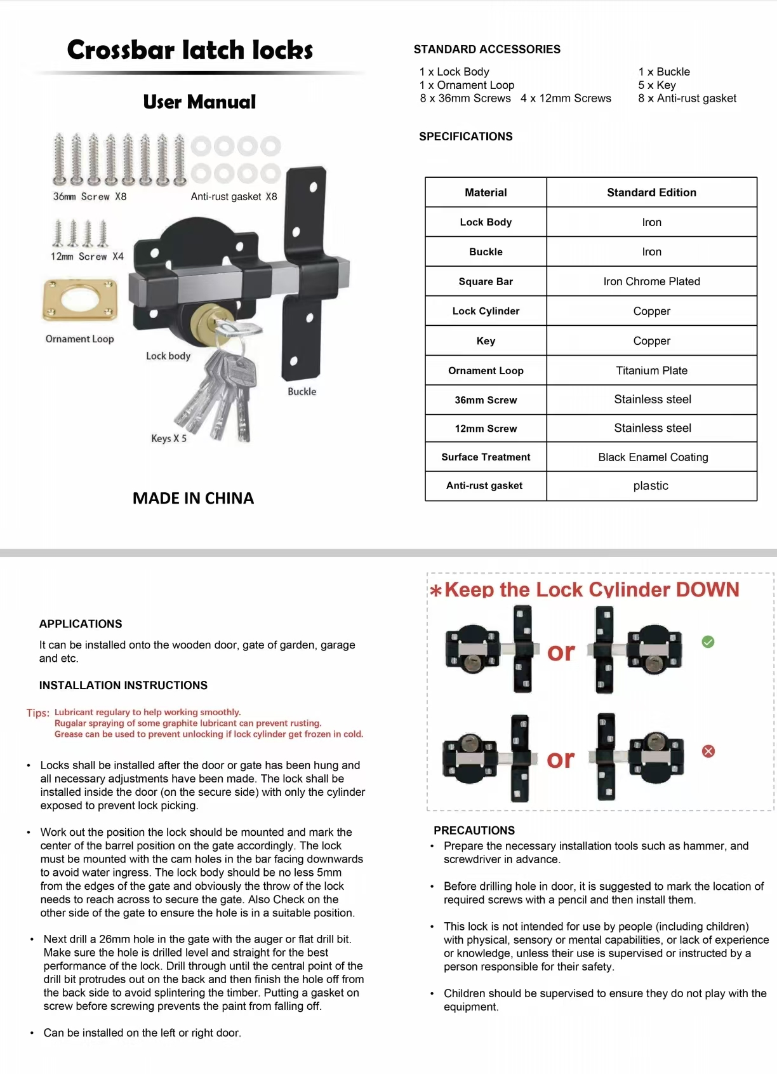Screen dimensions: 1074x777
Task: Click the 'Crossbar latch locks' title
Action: [190, 50]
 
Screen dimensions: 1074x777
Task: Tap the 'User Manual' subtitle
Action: [199, 102]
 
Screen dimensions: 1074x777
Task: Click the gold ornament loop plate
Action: [80, 300]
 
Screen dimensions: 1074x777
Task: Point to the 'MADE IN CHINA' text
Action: [193, 498]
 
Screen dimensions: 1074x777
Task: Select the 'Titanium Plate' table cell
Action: [651, 370]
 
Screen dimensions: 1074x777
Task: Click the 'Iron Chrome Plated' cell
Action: [651, 281]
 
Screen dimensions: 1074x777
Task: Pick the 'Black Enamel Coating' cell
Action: [653, 457]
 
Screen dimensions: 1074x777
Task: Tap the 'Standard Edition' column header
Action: [651, 192]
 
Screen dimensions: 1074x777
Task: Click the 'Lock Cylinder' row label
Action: [486, 311]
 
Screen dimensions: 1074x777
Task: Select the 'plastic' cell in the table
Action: [651, 485]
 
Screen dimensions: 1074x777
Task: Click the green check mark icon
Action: [708, 641]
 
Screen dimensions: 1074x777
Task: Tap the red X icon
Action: [708, 751]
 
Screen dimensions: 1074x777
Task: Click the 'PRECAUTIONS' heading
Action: [474, 830]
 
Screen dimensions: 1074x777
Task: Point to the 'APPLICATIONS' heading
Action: [81, 624]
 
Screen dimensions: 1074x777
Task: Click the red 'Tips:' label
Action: [38, 713]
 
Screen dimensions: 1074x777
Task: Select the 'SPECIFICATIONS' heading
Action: [465, 137]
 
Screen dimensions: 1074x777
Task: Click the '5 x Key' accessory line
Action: [657, 85]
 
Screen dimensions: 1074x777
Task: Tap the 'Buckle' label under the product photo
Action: [302, 391]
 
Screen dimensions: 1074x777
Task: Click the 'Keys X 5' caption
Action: [169, 438]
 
